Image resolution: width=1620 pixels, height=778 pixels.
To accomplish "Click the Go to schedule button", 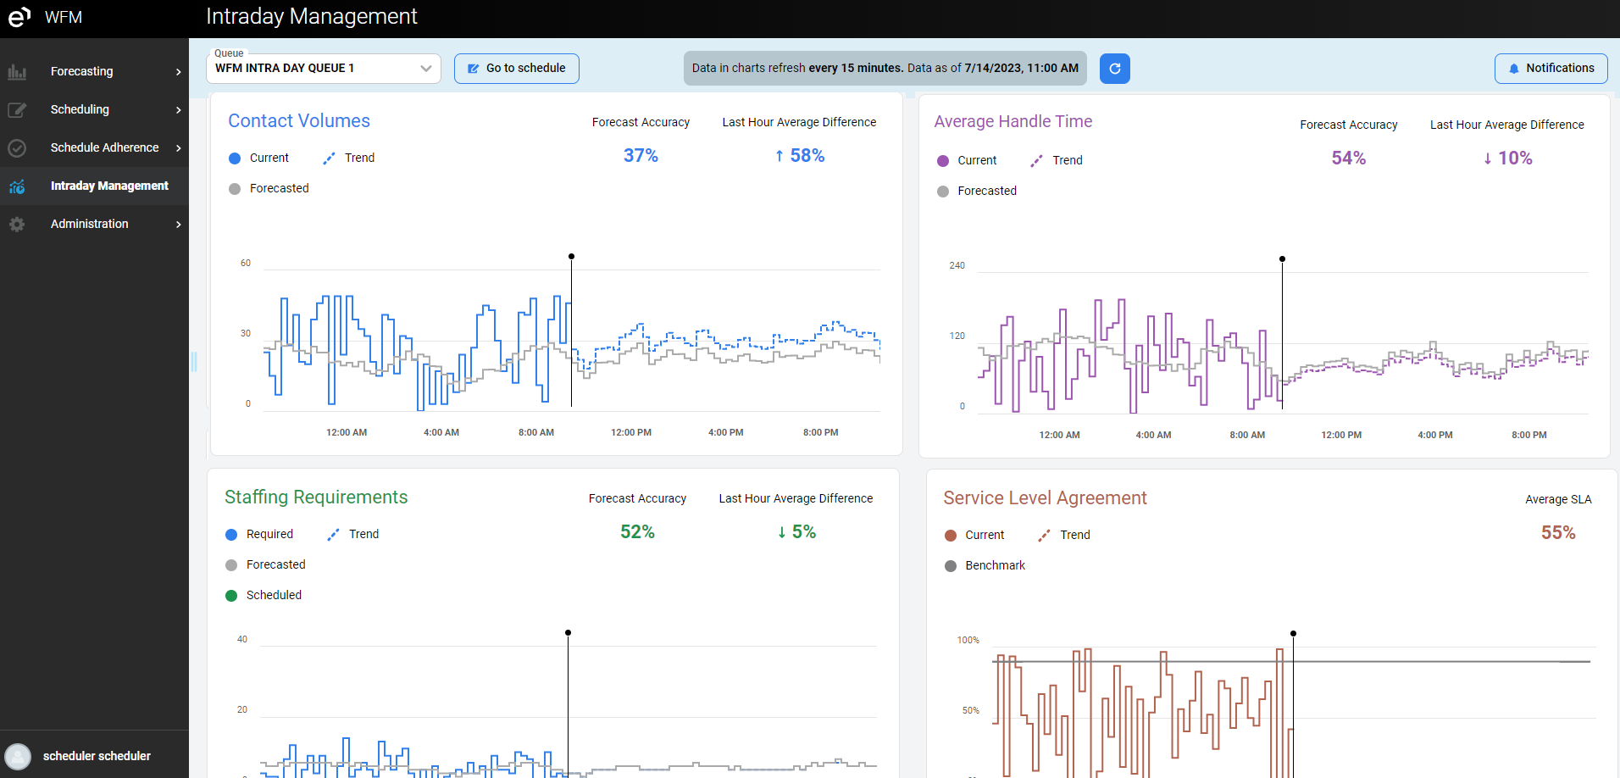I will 517,69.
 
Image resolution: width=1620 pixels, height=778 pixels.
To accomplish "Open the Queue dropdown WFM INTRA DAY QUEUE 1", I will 323,69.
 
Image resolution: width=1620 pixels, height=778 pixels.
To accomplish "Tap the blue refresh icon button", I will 1114,69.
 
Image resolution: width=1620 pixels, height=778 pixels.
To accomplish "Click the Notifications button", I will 1551,69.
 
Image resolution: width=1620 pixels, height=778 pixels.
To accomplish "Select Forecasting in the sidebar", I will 81,71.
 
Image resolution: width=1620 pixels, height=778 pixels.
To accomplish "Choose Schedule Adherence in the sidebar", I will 104,147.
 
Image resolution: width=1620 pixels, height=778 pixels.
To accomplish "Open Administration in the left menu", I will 89,224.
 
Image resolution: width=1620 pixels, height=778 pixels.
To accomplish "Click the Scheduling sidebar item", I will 80,109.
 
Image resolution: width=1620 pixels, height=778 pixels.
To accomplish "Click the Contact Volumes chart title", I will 299,121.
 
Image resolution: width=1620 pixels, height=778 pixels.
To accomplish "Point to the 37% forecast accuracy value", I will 641,156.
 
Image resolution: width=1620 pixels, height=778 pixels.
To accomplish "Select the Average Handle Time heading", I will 1012,122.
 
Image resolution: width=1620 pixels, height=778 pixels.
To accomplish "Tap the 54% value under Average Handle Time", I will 1348,158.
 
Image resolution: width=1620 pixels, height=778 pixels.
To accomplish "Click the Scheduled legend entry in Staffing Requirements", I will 274,595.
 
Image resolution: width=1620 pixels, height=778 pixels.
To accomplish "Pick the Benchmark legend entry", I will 995,565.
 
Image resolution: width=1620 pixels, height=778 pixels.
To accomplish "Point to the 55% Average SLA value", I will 1557,533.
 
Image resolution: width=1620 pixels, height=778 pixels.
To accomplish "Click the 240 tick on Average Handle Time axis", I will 957,266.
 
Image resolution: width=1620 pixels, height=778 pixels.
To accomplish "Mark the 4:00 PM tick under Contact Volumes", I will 725,432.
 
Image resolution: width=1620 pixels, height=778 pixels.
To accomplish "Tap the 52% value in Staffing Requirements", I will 637,532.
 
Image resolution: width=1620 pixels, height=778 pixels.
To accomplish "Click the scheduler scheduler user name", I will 97,756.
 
